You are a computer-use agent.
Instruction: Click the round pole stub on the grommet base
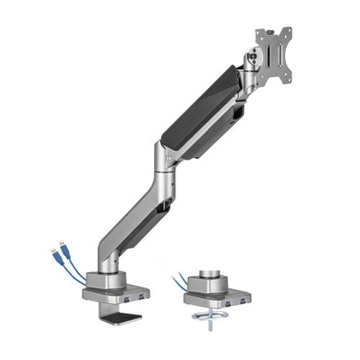[217, 273]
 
